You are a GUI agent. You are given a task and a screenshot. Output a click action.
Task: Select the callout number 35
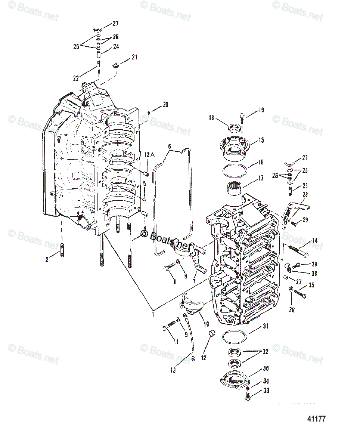[x=311, y=285]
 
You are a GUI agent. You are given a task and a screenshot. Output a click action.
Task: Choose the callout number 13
[x=173, y=370]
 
